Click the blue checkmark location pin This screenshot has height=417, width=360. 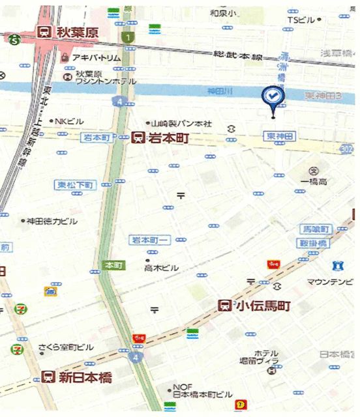(x=271, y=97)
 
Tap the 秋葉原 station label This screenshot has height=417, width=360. (x=76, y=32)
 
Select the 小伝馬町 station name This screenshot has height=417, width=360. (x=263, y=305)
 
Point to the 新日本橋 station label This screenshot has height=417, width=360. (x=85, y=377)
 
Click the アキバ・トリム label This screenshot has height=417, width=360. (x=96, y=57)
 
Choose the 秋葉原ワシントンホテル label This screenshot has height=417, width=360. (x=104, y=78)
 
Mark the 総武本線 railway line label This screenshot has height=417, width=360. (x=239, y=57)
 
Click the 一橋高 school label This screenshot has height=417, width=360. (x=313, y=180)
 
